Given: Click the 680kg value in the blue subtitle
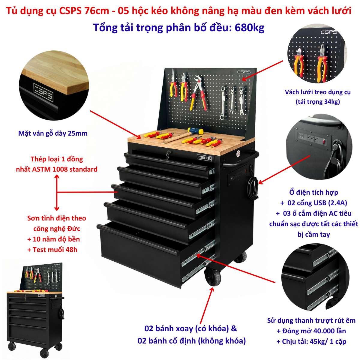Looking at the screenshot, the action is [249, 28].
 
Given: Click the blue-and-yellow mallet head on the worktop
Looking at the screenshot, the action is [195, 130].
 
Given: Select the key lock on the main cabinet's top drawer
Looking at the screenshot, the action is [168, 155].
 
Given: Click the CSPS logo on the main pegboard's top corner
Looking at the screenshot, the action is [244, 72].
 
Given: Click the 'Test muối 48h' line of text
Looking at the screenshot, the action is [52, 250].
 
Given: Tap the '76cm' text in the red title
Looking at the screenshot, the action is [97, 11].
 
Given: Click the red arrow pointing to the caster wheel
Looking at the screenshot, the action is [206, 306].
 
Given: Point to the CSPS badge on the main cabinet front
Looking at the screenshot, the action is [204, 158].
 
